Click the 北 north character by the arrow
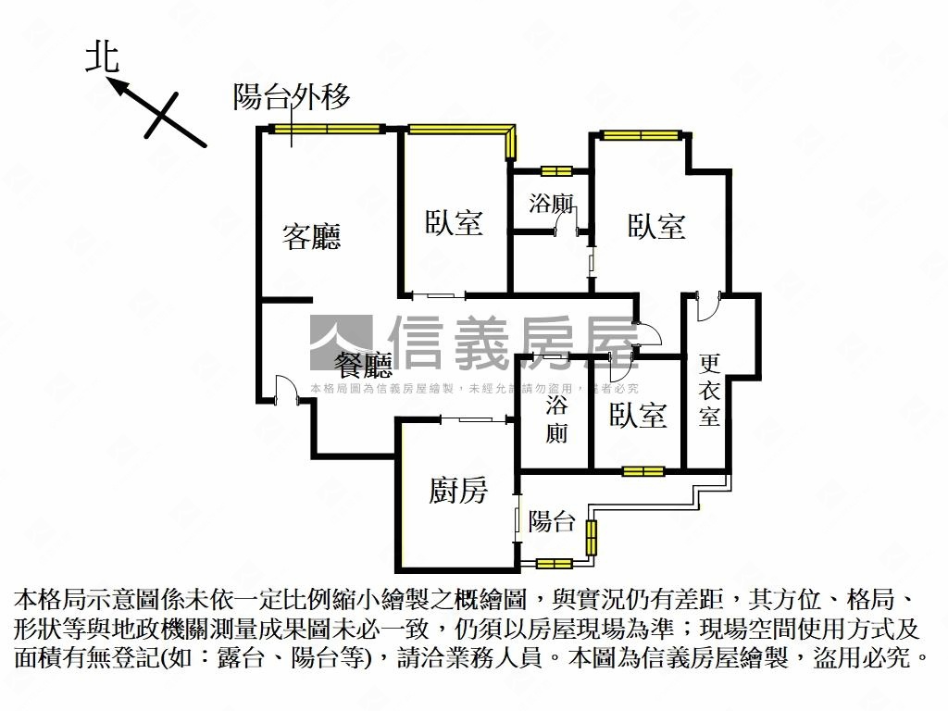[x=103, y=57]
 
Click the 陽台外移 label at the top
[x=292, y=96]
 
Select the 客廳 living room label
[x=311, y=237]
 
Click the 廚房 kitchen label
[x=457, y=491]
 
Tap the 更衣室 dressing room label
[x=709, y=390]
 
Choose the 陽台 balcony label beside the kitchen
[x=552, y=521]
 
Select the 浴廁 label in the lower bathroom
[x=556, y=418]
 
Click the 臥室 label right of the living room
[x=454, y=222]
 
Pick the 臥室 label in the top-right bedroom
[x=656, y=226]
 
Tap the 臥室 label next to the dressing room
[x=638, y=416]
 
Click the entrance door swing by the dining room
[x=286, y=389]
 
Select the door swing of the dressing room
[x=705, y=306]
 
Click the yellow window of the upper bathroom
[x=556, y=170]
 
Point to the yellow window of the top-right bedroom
[x=640, y=135]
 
